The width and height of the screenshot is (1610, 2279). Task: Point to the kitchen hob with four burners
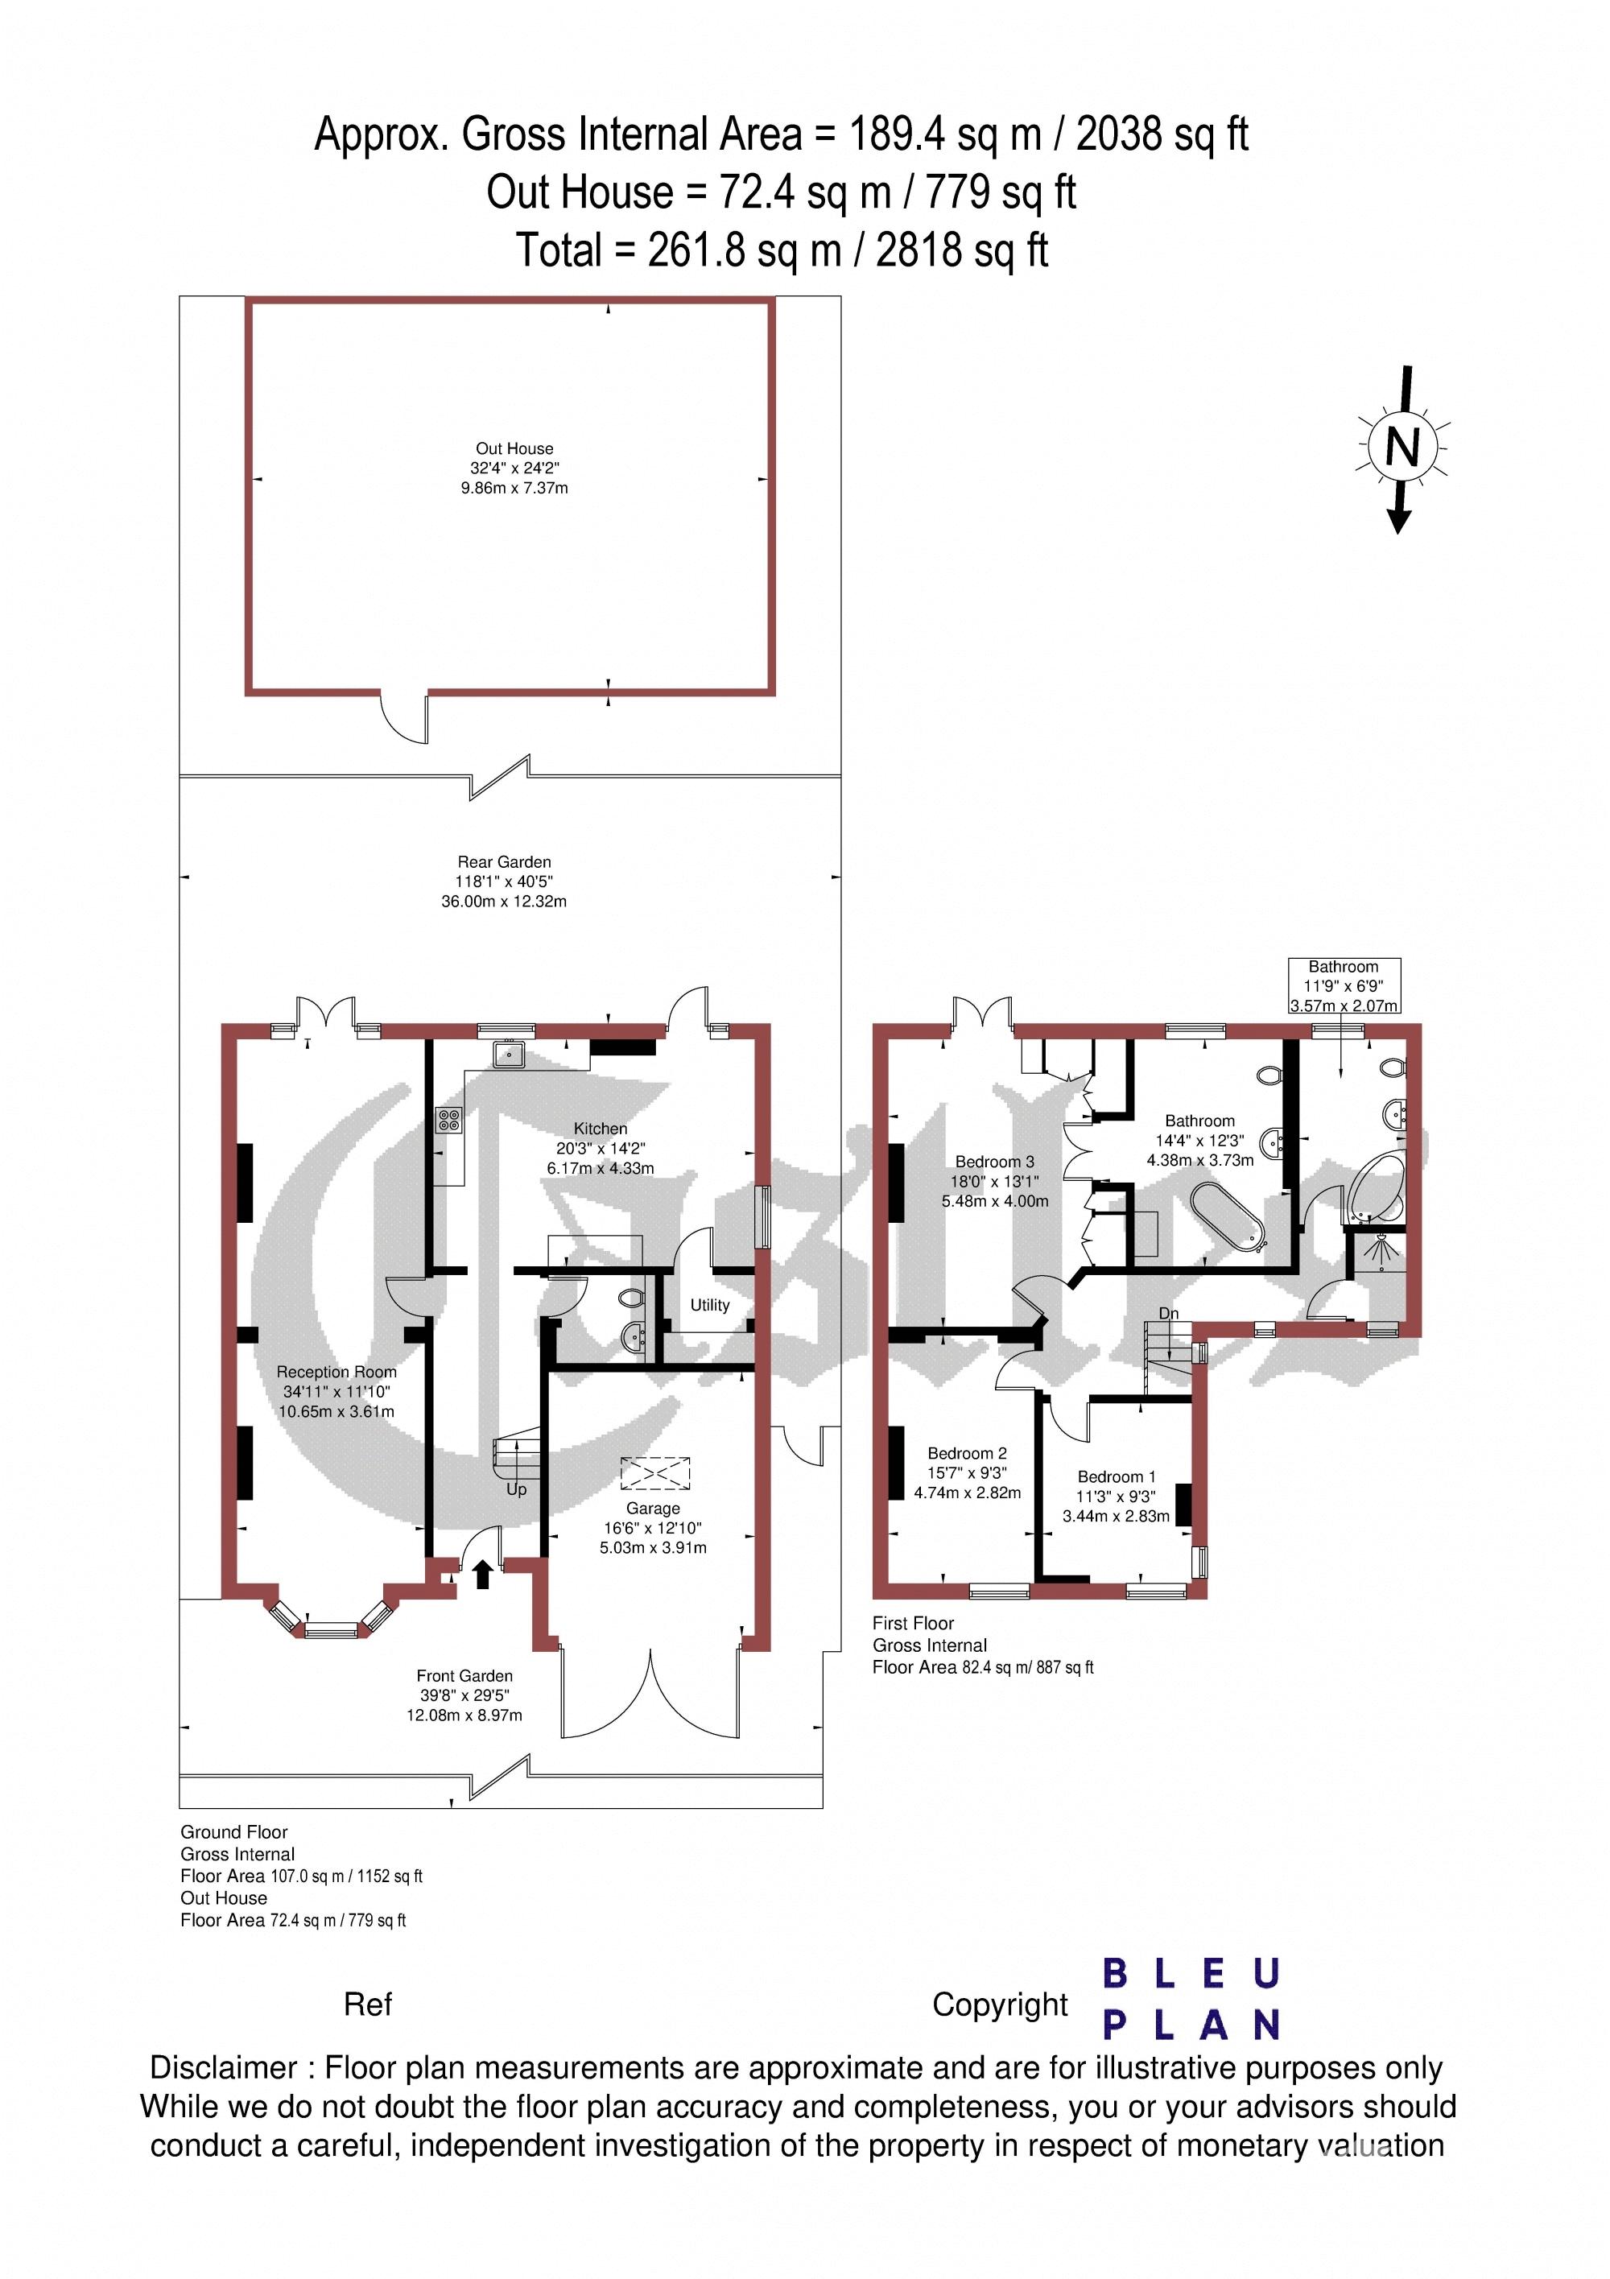click(448, 1120)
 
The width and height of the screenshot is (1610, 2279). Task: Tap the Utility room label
click(710, 1305)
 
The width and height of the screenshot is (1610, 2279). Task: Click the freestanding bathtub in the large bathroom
click(1227, 1214)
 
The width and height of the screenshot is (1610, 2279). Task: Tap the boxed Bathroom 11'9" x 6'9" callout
click(1344, 985)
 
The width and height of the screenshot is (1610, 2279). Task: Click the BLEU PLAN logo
click(1191, 1998)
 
